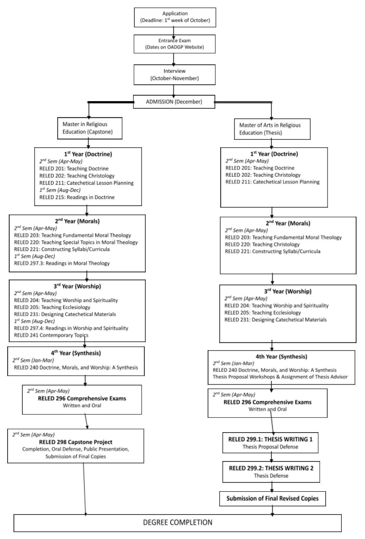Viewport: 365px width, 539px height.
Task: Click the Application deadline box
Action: coord(175,17)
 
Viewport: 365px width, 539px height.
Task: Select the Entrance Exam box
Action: coord(174,44)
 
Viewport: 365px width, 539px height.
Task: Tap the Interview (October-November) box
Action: coord(174,75)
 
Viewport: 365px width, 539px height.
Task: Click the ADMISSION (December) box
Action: coord(174,102)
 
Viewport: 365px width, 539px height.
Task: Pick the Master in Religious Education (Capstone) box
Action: coord(89,128)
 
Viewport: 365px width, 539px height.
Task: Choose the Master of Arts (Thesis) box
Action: coord(272,129)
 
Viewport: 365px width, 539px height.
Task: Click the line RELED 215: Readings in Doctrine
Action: coord(77,197)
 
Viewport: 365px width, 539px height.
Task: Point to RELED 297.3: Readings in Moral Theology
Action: coord(62,263)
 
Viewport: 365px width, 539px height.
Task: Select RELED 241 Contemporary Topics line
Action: coord(51,335)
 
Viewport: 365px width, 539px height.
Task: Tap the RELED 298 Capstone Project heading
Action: coord(76,442)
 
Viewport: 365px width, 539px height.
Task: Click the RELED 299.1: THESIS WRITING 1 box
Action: coord(270,443)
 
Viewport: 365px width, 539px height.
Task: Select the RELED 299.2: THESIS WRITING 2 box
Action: coord(271,471)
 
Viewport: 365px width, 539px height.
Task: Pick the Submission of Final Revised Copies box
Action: coord(272,498)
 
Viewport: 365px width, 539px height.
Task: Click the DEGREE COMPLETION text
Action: coord(177,522)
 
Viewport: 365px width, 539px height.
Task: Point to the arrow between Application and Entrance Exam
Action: coord(173,30)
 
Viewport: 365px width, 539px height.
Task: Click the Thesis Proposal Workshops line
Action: coord(280,377)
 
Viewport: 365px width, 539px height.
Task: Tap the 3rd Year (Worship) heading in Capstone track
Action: coord(77,286)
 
